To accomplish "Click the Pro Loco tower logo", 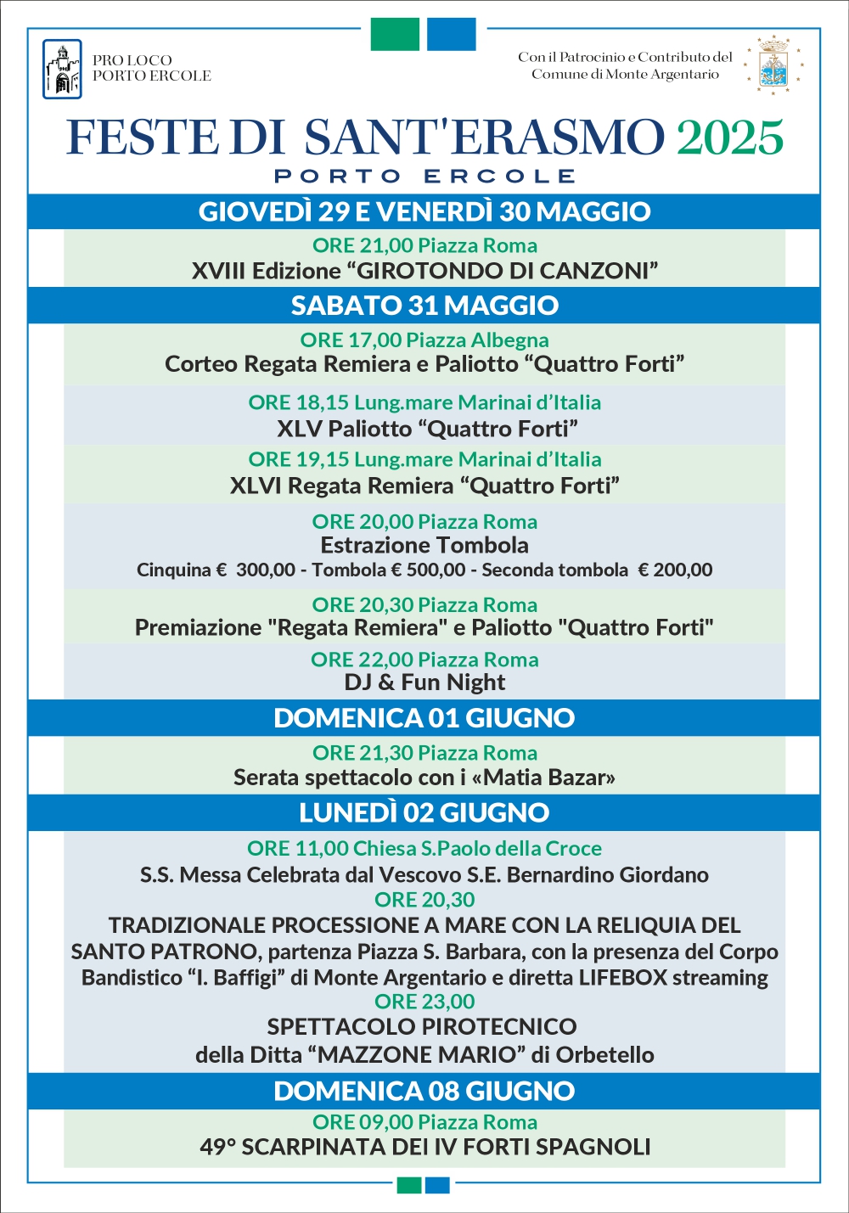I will pyautogui.click(x=62, y=69).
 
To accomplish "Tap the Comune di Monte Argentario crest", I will pyautogui.click(x=773, y=65).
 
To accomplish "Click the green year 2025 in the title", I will pyautogui.click(x=729, y=138).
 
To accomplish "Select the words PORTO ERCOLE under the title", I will pyautogui.click(x=424, y=177).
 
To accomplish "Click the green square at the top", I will pyautogui.click(x=395, y=34).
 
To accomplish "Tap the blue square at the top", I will pyautogui.click(x=451, y=34).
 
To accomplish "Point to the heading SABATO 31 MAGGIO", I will pyautogui.click(x=424, y=306).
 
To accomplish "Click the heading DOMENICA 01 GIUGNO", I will pyautogui.click(x=424, y=718).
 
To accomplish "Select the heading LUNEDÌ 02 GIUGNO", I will pyautogui.click(x=424, y=812).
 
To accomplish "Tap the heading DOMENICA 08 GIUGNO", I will pyautogui.click(x=424, y=1091).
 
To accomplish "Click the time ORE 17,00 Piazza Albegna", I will pyautogui.click(x=424, y=340).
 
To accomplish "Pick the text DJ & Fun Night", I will pyautogui.click(x=424, y=682).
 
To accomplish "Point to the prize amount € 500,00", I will pyautogui.click(x=428, y=570).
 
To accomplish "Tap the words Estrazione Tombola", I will pyautogui.click(x=424, y=545).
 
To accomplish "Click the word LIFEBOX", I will pyautogui.click(x=623, y=977).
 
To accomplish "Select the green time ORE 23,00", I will pyautogui.click(x=424, y=1002).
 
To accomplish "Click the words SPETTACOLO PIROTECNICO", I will pyautogui.click(x=422, y=1027).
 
